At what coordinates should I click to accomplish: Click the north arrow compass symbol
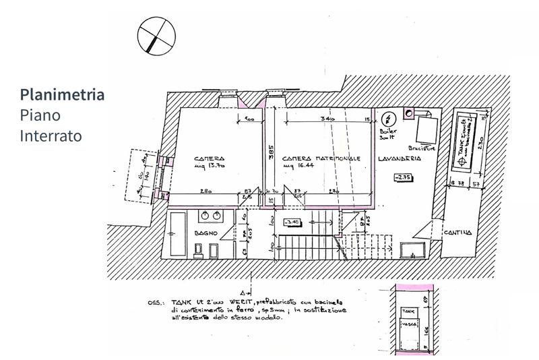click(156, 35)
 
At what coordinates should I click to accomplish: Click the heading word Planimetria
click(62, 94)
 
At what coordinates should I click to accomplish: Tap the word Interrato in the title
click(51, 135)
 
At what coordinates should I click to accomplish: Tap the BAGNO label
click(205, 233)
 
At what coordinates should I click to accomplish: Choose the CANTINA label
click(458, 233)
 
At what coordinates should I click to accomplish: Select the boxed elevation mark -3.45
click(292, 222)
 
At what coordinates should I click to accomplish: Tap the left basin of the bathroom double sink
click(203, 216)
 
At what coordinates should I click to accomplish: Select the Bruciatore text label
click(422, 148)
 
